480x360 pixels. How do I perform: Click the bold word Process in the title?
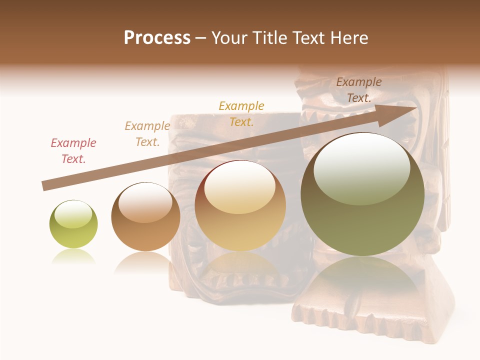pyautogui.click(x=157, y=38)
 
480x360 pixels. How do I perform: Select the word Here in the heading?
pyautogui.click(x=348, y=38)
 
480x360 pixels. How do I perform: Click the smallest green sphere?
pyautogui.click(x=73, y=224)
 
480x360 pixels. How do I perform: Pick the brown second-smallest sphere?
pyautogui.click(x=145, y=216)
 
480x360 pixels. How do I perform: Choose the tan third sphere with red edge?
pyautogui.click(x=240, y=205)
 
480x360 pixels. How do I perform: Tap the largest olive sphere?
pyautogui.click(x=362, y=194)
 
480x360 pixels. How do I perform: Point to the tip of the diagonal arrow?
pyautogui.click(x=416, y=107)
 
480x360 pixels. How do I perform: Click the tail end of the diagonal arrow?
pyautogui.click(x=43, y=186)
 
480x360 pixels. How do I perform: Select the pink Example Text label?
pyautogui.click(x=73, y=151)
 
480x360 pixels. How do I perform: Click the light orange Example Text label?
pyautogui.click(x=147, y=134)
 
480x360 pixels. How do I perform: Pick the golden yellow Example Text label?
pyautogui.click(x=241, y=113)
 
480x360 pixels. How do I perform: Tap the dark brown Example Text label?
pyautogui.click(x=359, y=90)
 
